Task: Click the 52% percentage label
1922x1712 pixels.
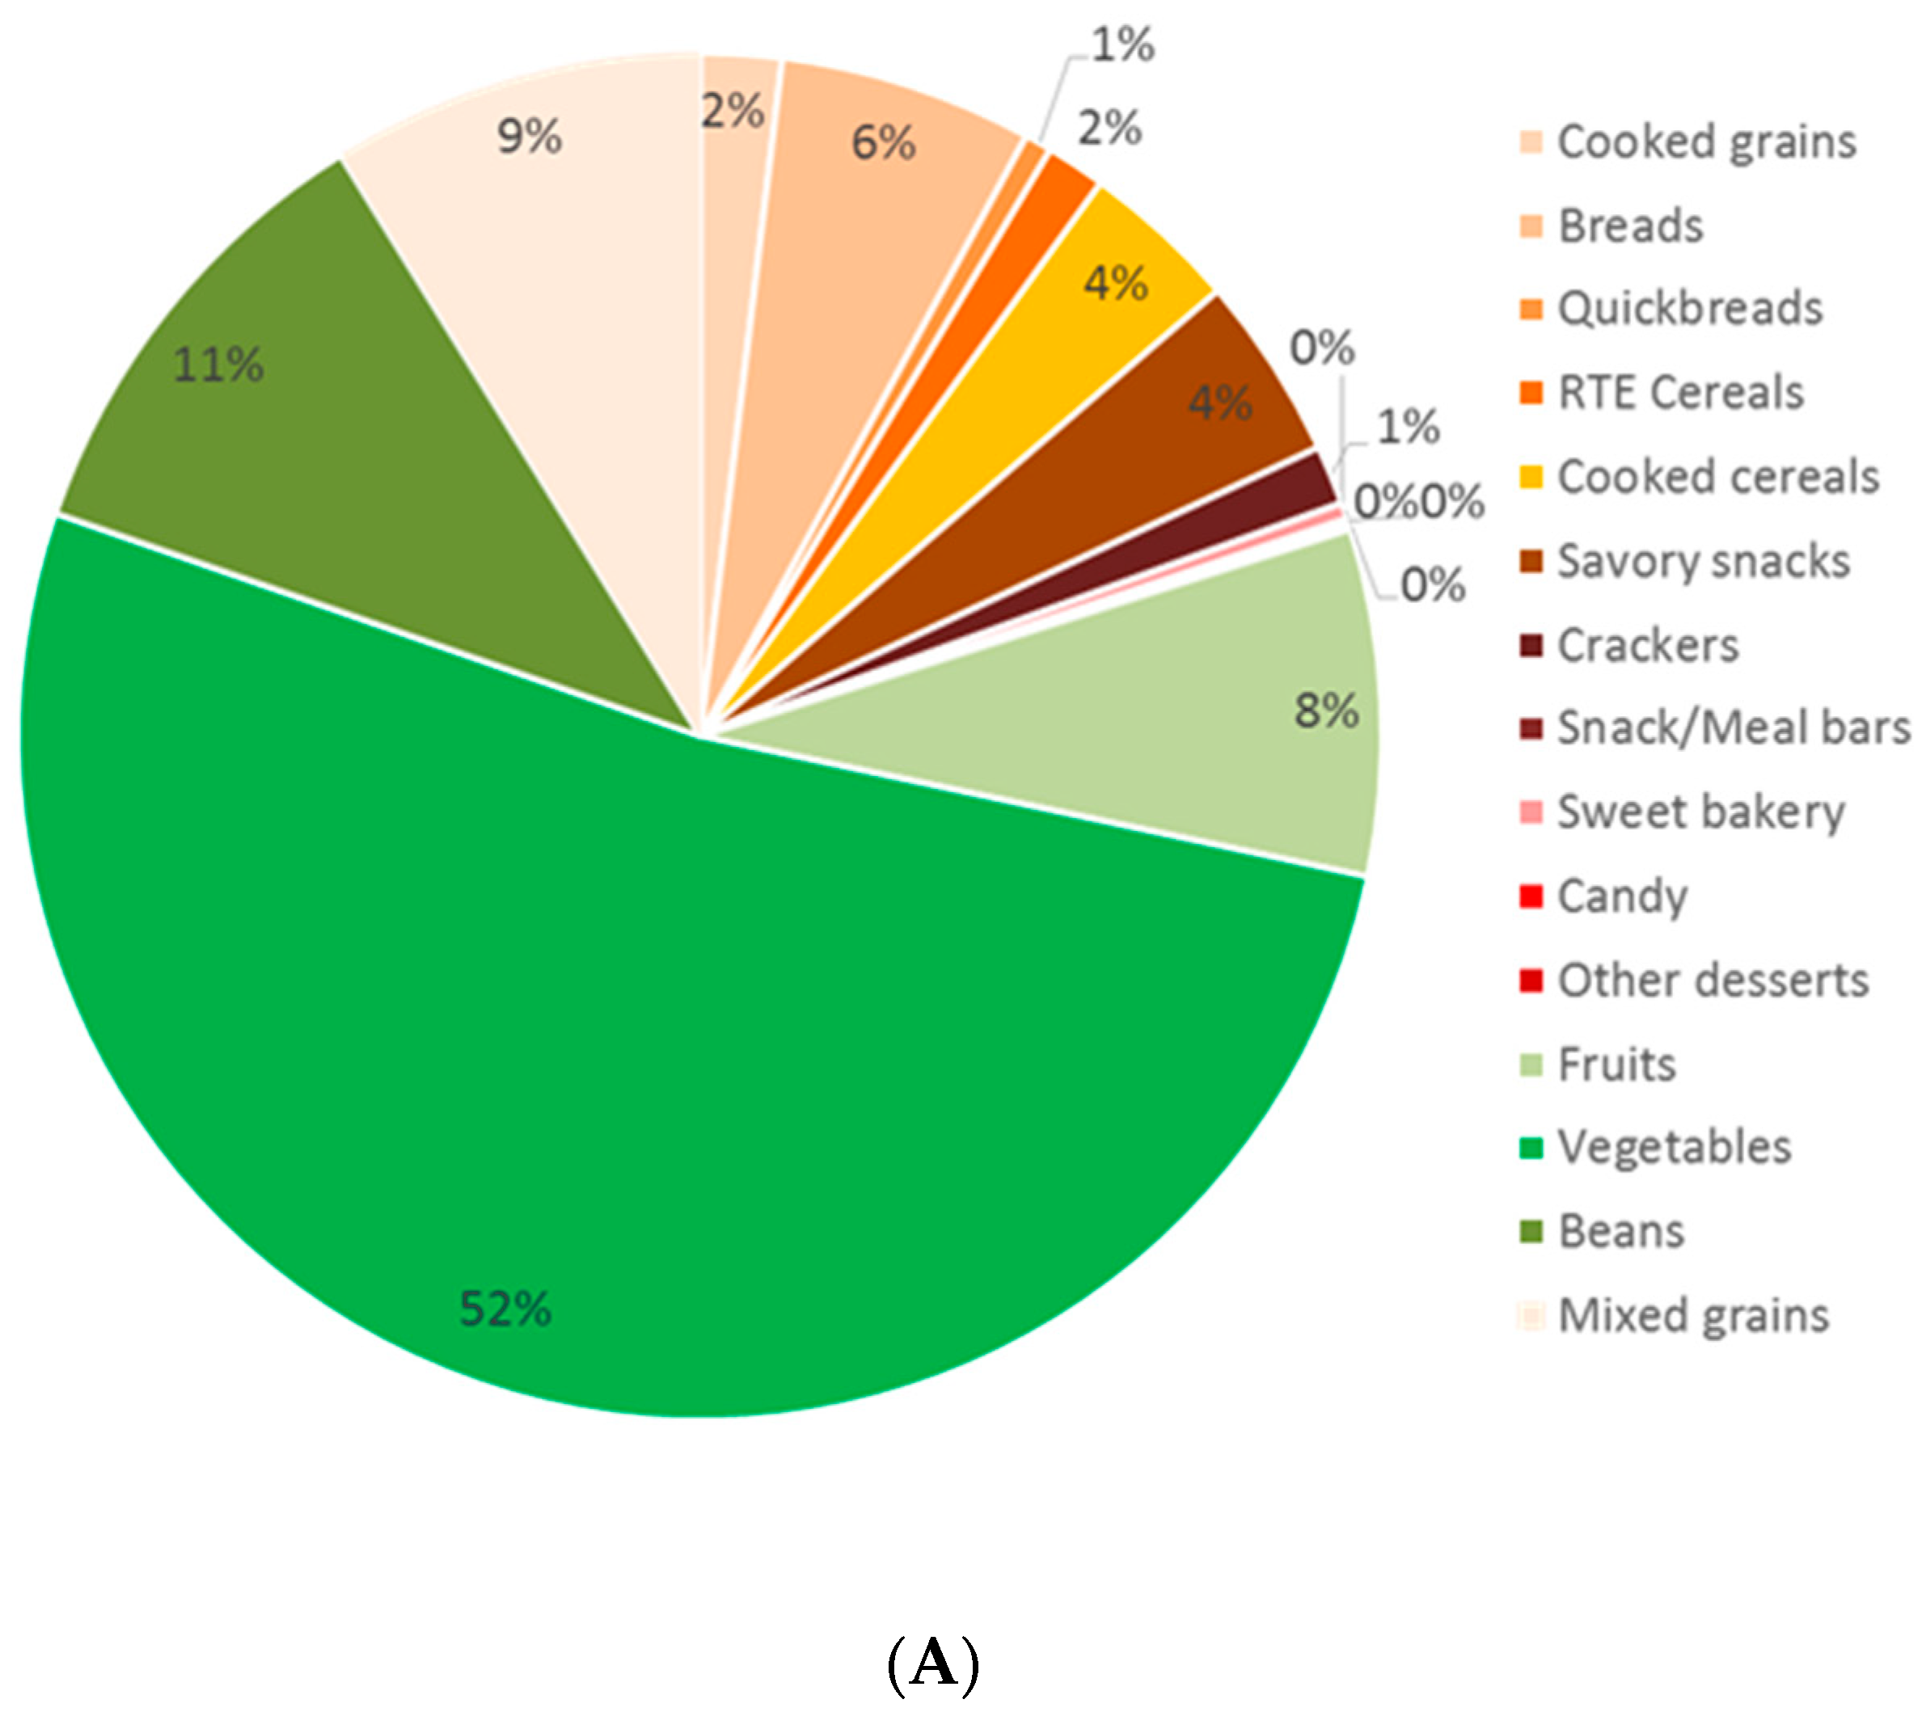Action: [505, 1309]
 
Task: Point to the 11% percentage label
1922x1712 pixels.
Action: [218, 365]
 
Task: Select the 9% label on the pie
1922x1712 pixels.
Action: [530, 137]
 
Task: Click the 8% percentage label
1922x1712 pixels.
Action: [1325, 711]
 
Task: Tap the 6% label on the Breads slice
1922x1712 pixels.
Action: [882, 143]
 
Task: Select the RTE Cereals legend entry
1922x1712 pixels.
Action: [1680, 393]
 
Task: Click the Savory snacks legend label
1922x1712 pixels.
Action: [1703, 562]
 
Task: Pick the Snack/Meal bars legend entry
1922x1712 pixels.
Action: [1733, 728]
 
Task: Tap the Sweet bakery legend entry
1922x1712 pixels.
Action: [1701, 812]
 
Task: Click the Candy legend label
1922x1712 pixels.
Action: [1622, 896]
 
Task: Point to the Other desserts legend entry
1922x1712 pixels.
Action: [1713, 981]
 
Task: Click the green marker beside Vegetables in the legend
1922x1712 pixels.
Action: [1531, 1149]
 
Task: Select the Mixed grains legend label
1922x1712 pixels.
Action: [1693, 1316]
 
